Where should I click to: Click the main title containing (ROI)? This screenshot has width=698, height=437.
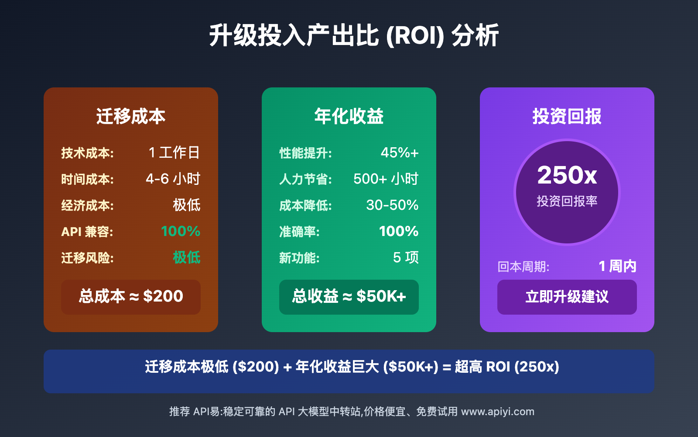[x=354, y=35]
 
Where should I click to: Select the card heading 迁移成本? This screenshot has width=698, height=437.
[x=131, y=116]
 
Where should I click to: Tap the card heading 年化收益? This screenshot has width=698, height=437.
[x=349, y=116]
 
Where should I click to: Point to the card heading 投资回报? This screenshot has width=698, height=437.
[x=567, y=116]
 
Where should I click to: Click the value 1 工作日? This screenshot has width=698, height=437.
[x=174, y=153]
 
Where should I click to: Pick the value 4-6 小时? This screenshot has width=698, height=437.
[x=173, y=179]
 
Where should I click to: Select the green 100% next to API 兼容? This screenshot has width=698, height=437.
[x=181, y=231]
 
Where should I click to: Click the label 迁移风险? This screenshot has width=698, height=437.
[x=87, y=258]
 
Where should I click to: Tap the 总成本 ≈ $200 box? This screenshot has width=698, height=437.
[x=131, y=297]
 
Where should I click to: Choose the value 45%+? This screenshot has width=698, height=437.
[x=400, y=153]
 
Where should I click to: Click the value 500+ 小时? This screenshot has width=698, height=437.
[x=386, y=179]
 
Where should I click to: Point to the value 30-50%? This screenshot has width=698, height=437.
[x=392, y=205]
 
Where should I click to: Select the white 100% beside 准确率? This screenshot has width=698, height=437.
[x=399, y=231]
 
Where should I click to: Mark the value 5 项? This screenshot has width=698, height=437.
[x=406, y=257]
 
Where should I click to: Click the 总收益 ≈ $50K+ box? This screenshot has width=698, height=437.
[x=349, y=297]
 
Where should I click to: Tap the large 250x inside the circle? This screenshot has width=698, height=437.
[x=567, y=175]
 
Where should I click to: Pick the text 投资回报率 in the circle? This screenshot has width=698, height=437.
[x=567, y=201]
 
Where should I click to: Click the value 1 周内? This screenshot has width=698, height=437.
[x=618, y=266]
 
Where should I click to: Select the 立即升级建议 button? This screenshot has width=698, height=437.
[x=567, y=297]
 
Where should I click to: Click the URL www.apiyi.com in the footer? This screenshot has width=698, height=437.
[x=498, y=412]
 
